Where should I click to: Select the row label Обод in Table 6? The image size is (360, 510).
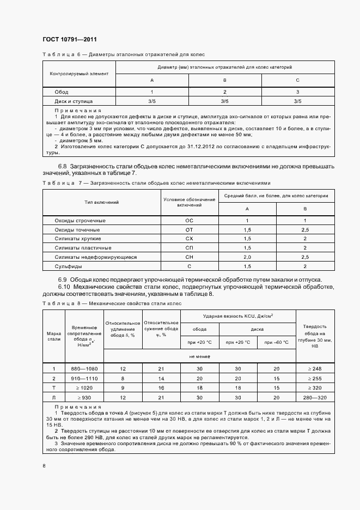pyautogui.click(x=61, y=92)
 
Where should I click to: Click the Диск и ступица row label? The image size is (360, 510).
pyautogui.click(x=74, y=101)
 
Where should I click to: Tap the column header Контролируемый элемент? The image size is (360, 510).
pyautogui.click(x=79, y=72)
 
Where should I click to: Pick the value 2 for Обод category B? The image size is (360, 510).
pyautogui.click(x=224, y=92)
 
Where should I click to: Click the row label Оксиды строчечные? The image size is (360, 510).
pyautogui.click(x=80, y=220)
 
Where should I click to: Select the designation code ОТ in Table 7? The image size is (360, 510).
pyautogui.click(x=190, y=229)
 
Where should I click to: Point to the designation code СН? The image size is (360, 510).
pyautogui.click(x=190, y=257)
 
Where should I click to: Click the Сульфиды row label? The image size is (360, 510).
pyautogui.click(x=68, y=266)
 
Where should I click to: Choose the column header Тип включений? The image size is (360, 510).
pyautogui.click(x=101, y=202)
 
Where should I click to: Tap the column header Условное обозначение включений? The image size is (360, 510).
pyautogui.click(x=190, y=202)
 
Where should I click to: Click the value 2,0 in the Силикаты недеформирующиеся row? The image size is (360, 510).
pyautogui.click(x=247, y=257)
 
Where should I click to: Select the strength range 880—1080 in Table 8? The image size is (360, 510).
pyautogui.click(x=84, y=369)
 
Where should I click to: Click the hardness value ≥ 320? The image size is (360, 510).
pyautogui.click(x=314, y=387)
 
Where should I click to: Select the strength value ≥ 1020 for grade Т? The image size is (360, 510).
pyautogui.click(x=84, y=387)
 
